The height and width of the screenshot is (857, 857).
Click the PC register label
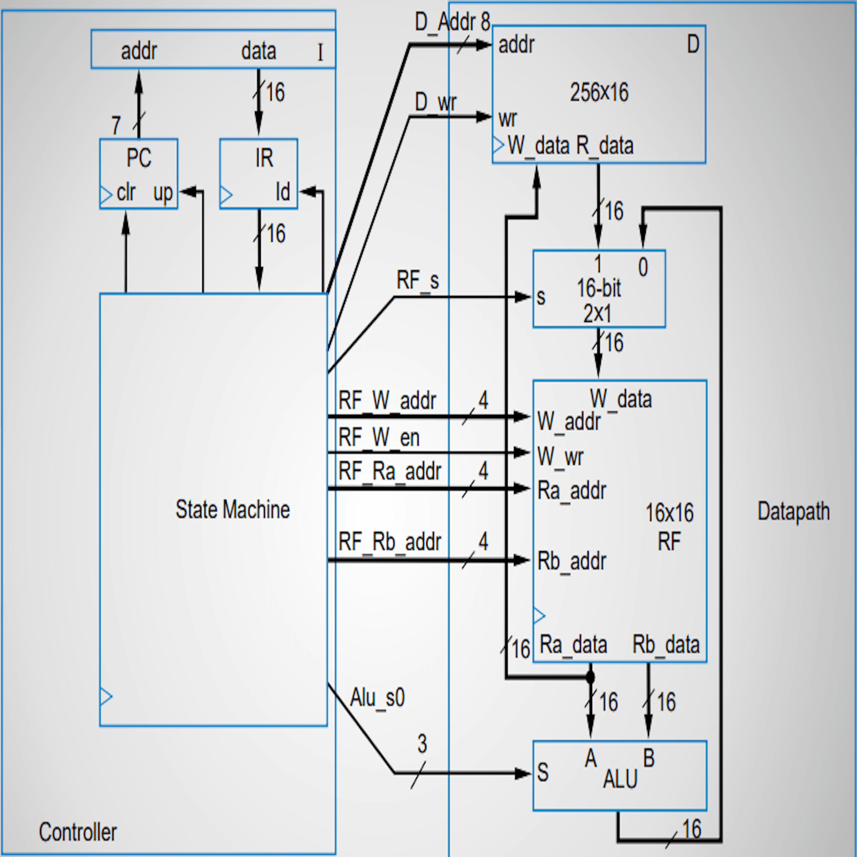(139, 158)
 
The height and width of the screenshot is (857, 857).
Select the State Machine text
(232, 509)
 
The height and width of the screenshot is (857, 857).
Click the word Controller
(78, 832)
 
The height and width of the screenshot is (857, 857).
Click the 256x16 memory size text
(599, 92)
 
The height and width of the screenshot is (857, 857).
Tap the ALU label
(620, 779)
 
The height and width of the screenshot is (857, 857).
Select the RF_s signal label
(417, 280)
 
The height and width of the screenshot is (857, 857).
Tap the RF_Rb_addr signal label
(389, 542)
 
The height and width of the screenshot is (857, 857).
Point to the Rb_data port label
(665, 644)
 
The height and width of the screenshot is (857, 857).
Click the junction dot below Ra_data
(590, 677)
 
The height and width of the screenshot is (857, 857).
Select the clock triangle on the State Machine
(106, 696)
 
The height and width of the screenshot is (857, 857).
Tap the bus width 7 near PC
(116, 126)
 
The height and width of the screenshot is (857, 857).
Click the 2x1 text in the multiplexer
(597, 314)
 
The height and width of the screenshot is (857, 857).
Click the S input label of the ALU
(542, 772)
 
